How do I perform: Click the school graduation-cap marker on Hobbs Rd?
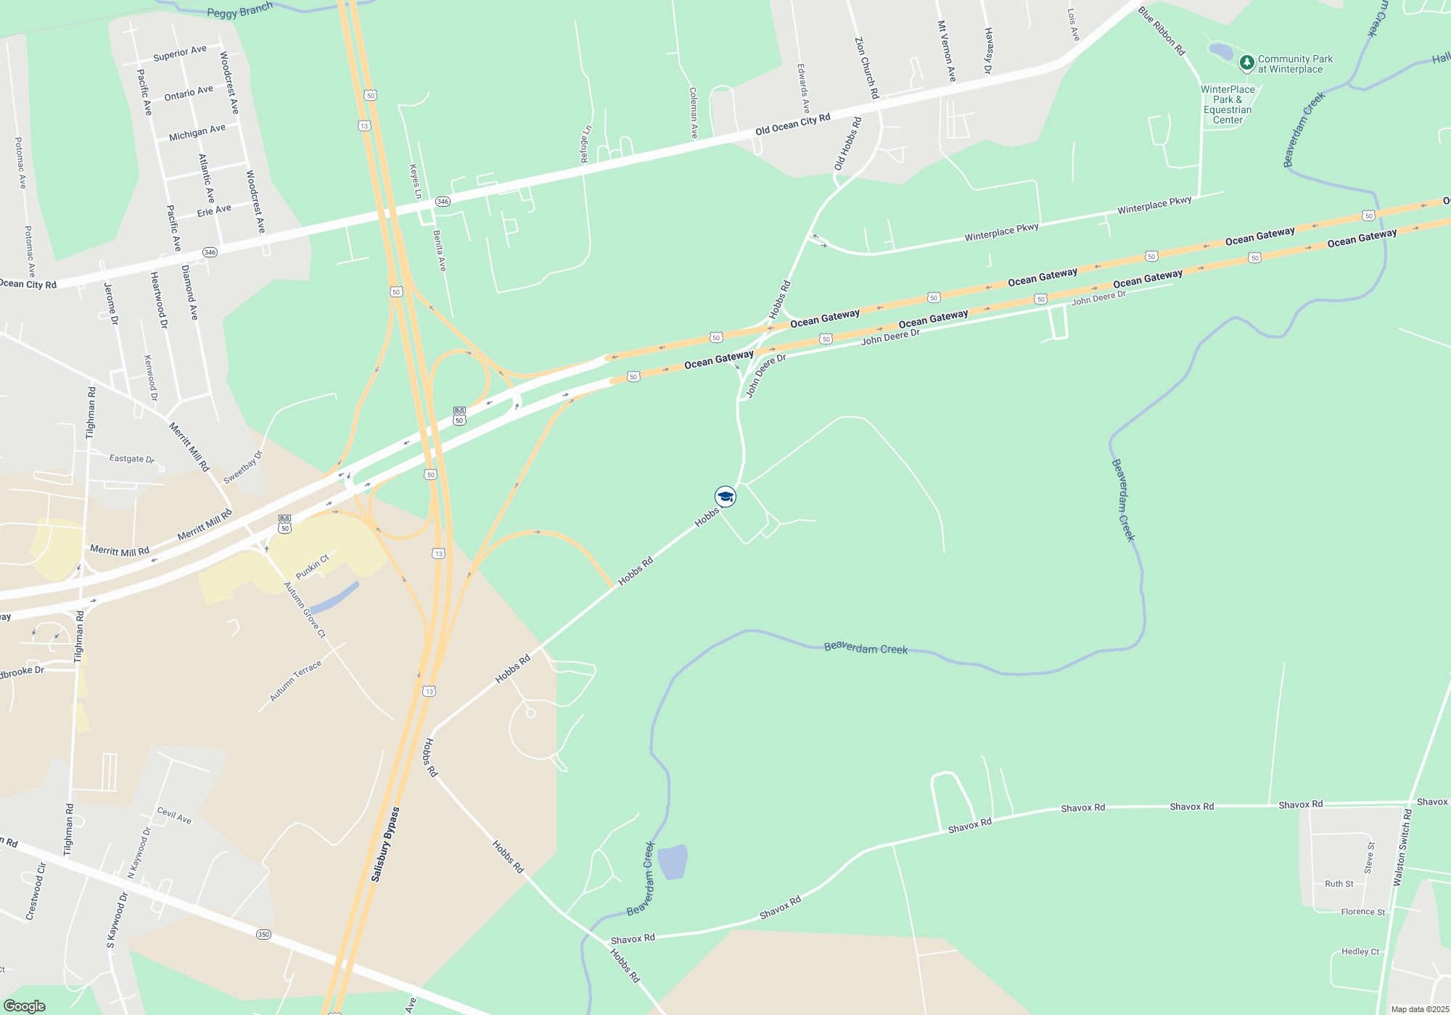pos(725,497)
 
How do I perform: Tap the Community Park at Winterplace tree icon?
pos(1246,63)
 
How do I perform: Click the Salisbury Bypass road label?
pos(385,844)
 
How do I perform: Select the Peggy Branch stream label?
pos(239,10)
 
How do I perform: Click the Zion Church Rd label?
pos(866,68)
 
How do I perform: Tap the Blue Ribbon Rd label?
pos(1161,31)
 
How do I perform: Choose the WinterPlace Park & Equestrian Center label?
pos(1228,105)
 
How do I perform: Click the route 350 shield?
pos(263,935)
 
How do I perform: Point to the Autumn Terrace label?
pos(295,681)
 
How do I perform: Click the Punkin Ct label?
pos(313,566)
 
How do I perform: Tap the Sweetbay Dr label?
pos(242,468)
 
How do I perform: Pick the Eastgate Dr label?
pos(131,458)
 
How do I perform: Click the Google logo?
pos(25,1006)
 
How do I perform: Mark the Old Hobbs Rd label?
pos(847,144)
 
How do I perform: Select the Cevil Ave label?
pos(174,816)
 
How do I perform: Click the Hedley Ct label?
pos(1360,951)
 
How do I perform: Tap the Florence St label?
pos(1362,912)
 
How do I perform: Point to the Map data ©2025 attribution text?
pos(1420,1009)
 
